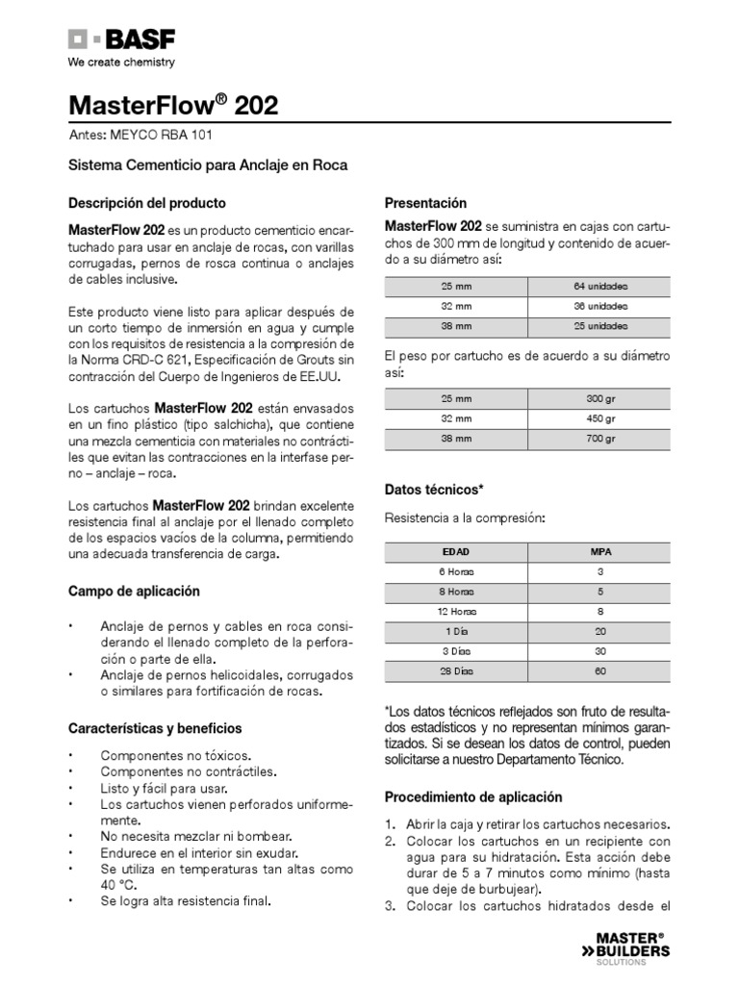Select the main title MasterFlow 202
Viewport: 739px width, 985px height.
[x=173, y=106]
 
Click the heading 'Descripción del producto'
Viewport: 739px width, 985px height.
[x=146, y=204]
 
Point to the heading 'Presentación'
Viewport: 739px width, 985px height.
[x=425, y=204]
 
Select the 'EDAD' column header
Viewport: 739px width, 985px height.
[x=455, y=552]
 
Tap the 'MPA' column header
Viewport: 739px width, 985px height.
[x=600, y=552]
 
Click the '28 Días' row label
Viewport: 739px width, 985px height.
[x=455, y=671]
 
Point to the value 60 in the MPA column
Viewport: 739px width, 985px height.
[x=600, y=671]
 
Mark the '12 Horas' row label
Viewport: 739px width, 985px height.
[x=455, y=612]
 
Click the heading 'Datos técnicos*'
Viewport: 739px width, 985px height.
[x=433, y=490]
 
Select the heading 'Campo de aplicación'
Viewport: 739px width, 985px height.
[x=134, y=591]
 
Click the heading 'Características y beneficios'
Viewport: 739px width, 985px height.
[x=155, y=728]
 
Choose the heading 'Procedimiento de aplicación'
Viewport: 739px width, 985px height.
[x=473, y=797]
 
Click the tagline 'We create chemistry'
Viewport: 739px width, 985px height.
[x=120, y=63]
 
